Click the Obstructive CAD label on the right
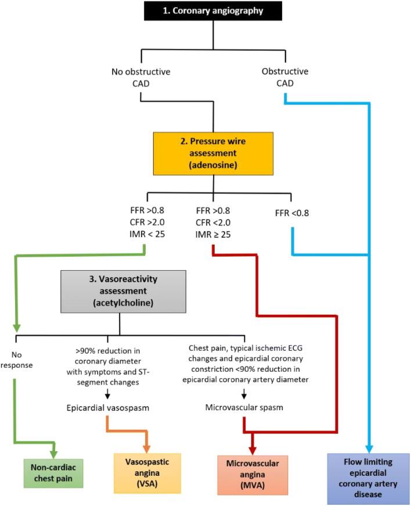284,78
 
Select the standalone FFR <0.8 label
293,213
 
